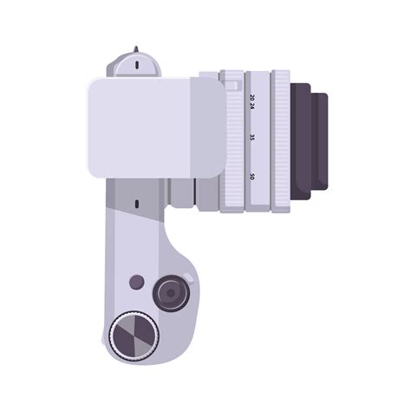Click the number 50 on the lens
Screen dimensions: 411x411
click(x=252, y=177)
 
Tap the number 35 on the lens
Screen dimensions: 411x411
click(x=252, y=137)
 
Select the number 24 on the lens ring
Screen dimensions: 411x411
click(x=252, y=108)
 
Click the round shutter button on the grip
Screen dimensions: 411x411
click(x=170, y=295)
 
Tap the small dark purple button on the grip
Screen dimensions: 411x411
click(x=137, y=282)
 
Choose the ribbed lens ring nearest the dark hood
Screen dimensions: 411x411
click(x=281, y=141)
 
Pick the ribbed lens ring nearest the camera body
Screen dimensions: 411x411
click(x=232, y=141)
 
